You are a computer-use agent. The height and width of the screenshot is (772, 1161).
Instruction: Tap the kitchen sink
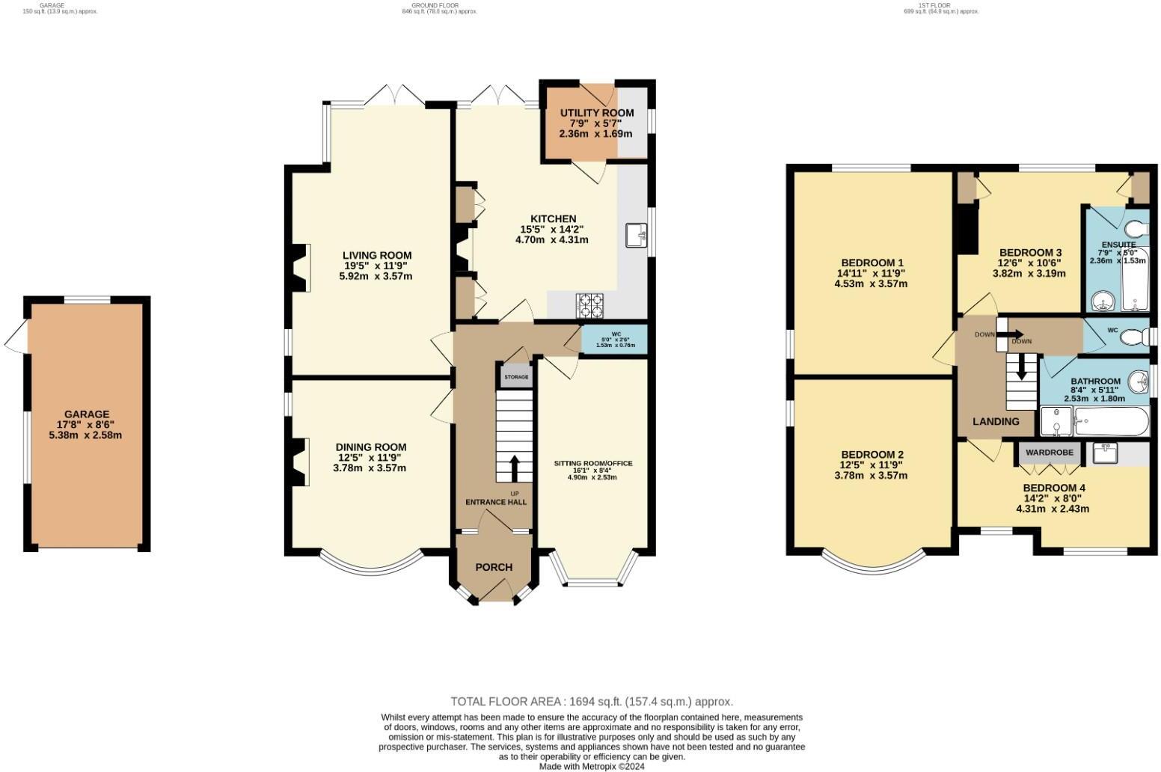click(x=638, y=235)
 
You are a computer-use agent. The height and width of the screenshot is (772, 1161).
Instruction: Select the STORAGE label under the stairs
click(x=515, y=377)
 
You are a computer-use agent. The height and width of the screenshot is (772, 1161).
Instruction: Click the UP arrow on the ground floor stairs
click(x=514, y=469)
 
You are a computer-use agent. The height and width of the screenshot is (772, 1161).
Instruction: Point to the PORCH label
click(x=494, y=567)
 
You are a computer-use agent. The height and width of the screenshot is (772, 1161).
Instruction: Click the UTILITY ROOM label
click(x=597, y=113)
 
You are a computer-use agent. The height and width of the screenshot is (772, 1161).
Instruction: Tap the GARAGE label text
click(x=87, y=414)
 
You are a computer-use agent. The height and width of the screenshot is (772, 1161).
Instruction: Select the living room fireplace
click(x=301, y=269)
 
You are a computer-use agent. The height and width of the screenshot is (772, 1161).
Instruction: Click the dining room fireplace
click(x=299, y=462)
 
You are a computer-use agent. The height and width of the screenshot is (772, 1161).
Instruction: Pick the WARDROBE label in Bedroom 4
click(x=1049, y=453)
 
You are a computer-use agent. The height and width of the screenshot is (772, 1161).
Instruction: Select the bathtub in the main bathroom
click(x=1110, y=423)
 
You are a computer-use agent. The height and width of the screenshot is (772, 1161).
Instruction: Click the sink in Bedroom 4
click(x=1104, y=453)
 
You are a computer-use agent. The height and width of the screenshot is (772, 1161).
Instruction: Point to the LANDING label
click(x=996, y=421)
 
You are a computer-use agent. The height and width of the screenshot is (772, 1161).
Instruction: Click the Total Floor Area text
click(x=591, y=702)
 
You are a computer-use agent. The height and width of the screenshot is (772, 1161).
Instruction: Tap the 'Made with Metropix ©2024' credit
click(x=592, y=766)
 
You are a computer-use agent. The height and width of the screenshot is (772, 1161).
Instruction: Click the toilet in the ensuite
click(x=1137, y=227)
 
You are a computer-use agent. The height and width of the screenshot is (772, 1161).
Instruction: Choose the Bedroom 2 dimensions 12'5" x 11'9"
click(x=871, y=465)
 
